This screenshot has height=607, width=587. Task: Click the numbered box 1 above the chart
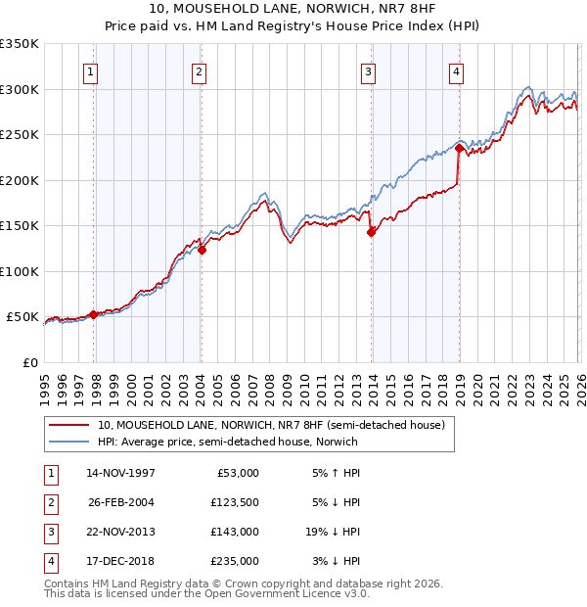[90, 70]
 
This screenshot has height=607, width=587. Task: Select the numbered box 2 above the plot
[199, 70]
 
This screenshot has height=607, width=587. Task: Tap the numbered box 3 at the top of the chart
[369, 70]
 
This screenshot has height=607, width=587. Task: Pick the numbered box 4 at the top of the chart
[457, 70]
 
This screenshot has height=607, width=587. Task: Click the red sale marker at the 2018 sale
[459, 149]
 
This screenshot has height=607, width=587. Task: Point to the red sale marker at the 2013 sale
[371, 232]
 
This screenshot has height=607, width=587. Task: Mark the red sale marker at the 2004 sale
[202, 250]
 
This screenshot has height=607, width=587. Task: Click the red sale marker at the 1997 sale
[94, 314]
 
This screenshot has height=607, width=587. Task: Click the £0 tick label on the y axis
[29, 362]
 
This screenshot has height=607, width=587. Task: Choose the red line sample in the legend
[70, 425]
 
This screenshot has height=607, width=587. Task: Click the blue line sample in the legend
[70, 442]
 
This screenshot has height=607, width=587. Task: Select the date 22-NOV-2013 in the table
[121, 532]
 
